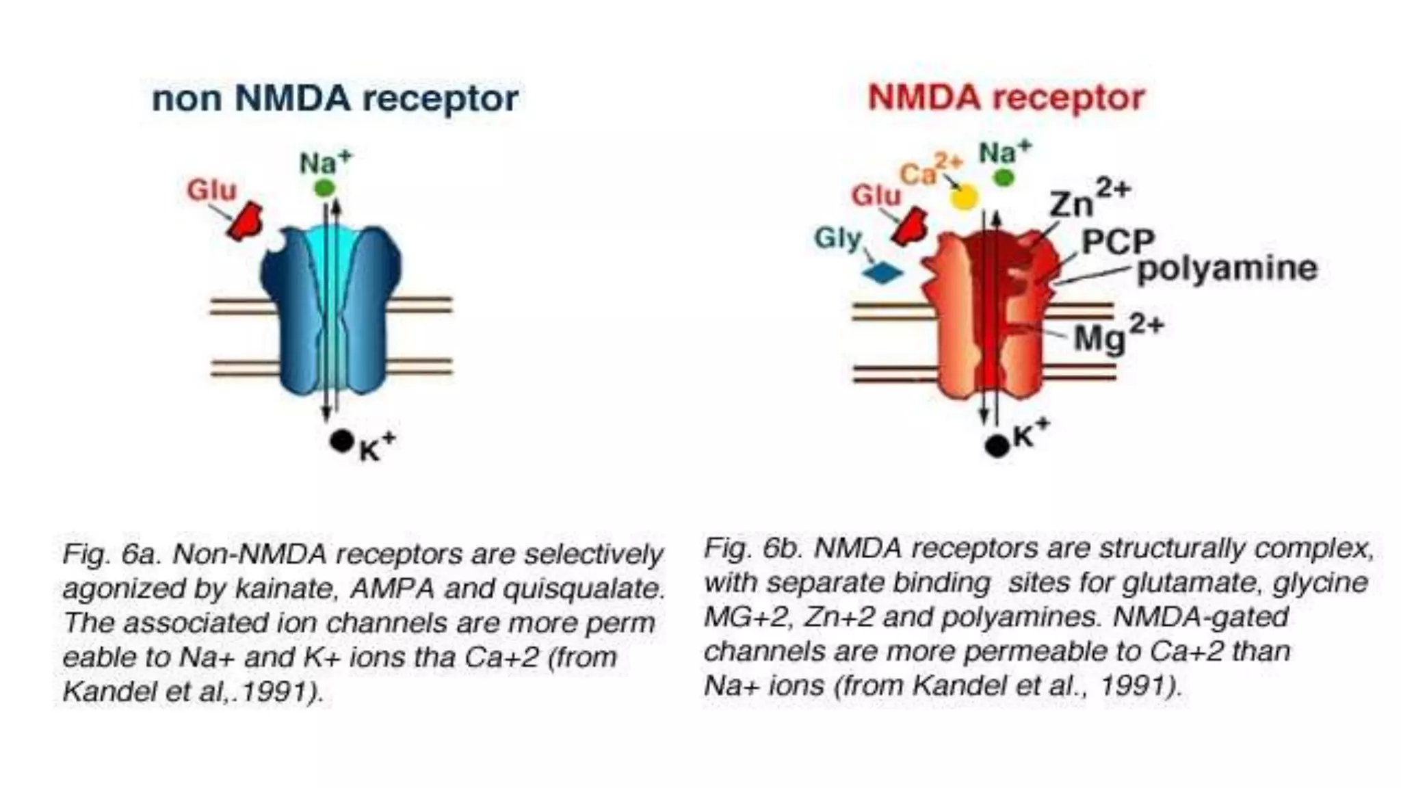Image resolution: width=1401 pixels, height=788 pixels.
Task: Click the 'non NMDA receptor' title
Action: pos(335,99)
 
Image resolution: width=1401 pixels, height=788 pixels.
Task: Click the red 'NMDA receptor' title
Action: pos(1006,98)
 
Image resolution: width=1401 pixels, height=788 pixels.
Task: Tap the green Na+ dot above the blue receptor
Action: pos(324,187)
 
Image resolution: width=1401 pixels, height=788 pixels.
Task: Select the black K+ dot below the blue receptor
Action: pos(341,441)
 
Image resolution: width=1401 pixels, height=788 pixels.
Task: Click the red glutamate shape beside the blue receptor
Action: pos(246,221)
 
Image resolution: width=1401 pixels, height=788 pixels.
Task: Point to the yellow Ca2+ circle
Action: pos(964,198)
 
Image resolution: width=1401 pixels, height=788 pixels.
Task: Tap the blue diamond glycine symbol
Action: pos(882,274)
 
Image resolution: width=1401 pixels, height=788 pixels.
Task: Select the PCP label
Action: pos(1117,241)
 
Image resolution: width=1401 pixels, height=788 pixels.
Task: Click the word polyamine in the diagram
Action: pos(1227,268)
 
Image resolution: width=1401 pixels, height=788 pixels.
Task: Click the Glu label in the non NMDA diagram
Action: pos(211,189)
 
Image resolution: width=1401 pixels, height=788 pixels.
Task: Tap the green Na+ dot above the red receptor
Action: pos(1004,178)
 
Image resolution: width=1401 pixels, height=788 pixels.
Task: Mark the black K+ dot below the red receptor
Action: pos(997,446)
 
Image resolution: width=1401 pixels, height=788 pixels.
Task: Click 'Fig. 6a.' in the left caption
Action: pos(112,554)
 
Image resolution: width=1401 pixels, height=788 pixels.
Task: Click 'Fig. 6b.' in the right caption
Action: pos(753,548)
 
